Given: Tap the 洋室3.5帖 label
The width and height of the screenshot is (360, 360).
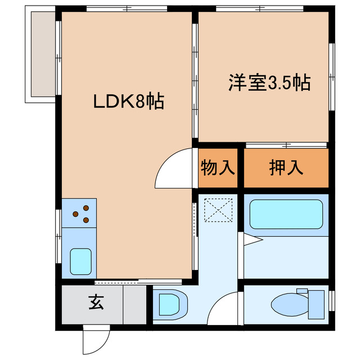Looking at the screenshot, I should click(269, 83).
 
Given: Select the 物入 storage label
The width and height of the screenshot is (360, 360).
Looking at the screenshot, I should click(218, 168).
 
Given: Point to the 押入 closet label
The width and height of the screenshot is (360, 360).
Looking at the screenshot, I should click(286, 168).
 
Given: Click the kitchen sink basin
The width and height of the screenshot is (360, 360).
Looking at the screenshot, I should click(82, 260).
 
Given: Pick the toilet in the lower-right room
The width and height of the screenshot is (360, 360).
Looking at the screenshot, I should click(292, 304).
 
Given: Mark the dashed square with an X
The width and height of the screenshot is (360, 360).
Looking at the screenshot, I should click(218, 211).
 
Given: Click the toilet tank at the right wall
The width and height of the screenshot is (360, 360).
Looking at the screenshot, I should click(317, 304).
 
